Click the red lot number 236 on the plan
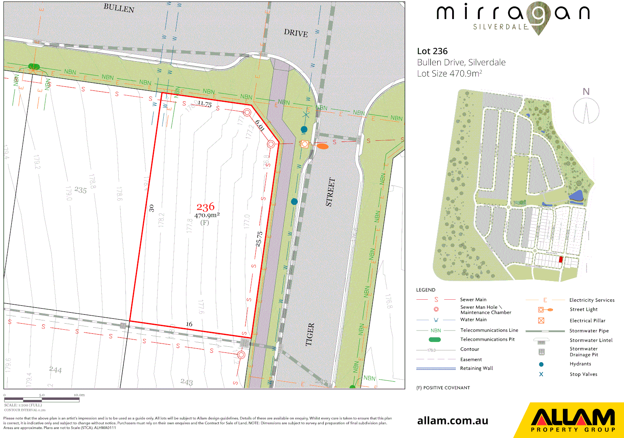coord(205,207)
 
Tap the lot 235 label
coord(80,190)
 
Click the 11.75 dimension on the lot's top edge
coord(205,104)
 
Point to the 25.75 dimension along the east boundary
coord(259,239)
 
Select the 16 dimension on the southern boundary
coord(189,324)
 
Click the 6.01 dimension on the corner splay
coord(260,125)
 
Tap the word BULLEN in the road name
coord(119,8)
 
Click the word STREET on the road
coord(331,192)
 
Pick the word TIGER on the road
coord(310,335)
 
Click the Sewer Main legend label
coord(473,300)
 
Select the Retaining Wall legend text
coord(477,368)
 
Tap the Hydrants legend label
coord(580,364)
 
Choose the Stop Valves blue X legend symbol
coord(541,374)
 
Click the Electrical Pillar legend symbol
coord(541,320)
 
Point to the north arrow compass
coord(586,110)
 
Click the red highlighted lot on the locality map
coord(561,260)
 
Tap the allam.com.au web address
coord(453,421)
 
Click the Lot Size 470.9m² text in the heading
coord(449,73)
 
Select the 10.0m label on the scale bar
coord(79,395)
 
